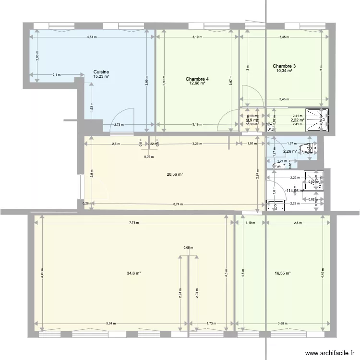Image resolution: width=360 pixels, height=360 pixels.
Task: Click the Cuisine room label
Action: tap(101, 72)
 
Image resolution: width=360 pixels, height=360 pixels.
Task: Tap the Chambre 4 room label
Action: tap(197, 79)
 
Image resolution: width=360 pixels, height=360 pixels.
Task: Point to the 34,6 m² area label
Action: tap(133, 273)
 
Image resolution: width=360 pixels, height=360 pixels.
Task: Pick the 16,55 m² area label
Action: tap(281, 273)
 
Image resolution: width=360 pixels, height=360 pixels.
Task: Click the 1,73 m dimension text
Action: tap(210, 324)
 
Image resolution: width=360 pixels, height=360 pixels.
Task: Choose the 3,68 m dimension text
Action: tap(283, 324)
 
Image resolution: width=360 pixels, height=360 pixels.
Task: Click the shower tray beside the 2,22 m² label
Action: tap(318, 120)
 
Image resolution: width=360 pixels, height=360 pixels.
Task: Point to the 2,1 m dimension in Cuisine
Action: tap(56, 74)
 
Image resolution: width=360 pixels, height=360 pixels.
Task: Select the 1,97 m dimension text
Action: tap(291, 144)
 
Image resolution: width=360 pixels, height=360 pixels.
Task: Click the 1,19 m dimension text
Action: tap(250, 223)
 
